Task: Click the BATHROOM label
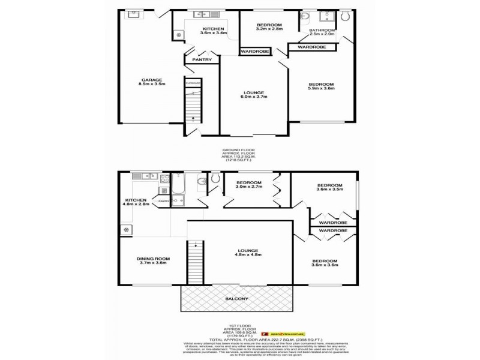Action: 322,30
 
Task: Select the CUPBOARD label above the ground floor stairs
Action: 193,82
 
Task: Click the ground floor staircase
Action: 193,105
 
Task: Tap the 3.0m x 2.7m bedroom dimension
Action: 248,187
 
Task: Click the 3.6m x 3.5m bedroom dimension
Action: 329,190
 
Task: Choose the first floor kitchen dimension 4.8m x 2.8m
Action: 136,205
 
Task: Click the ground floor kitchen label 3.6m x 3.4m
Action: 213,34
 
